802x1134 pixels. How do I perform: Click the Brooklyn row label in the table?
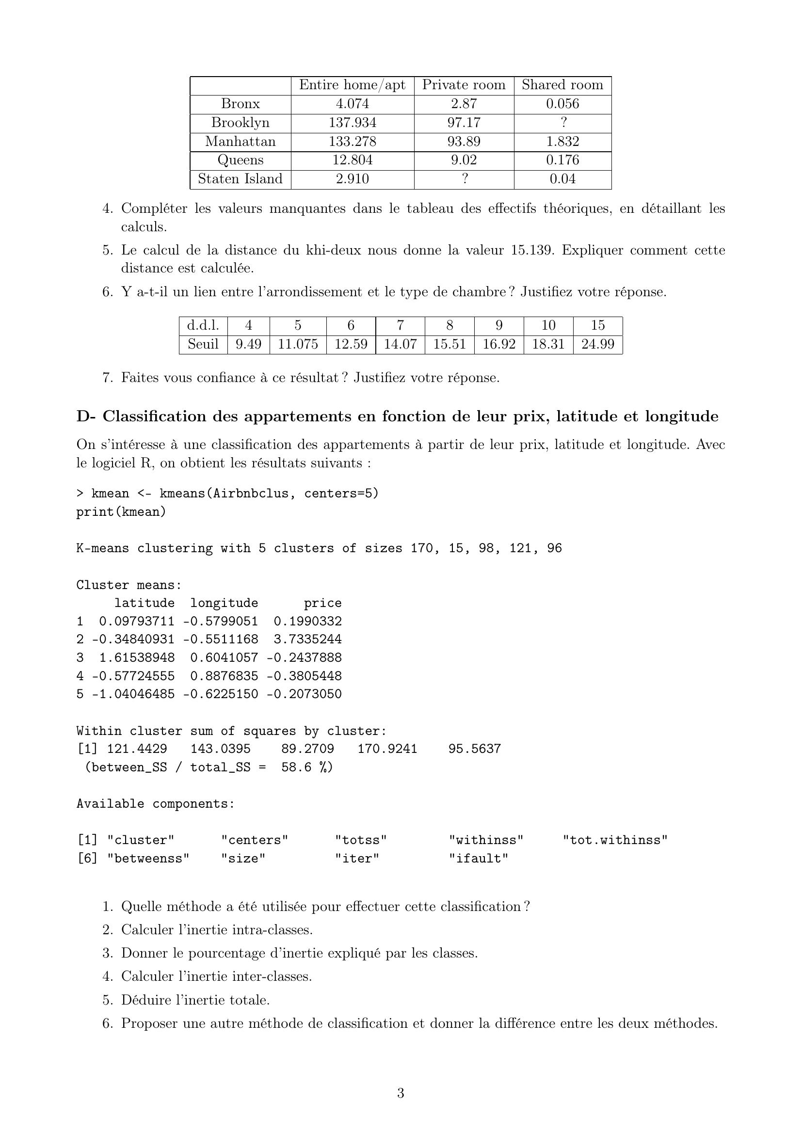point(240,123)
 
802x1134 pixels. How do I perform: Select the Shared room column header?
point(562,85)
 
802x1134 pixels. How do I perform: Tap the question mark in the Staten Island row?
point(464,179)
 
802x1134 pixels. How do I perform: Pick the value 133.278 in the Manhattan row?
point(352,142)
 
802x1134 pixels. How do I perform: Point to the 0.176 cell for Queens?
point(562,160)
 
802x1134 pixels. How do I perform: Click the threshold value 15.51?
point(449,344)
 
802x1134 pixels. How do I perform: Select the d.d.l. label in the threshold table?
point(203,325)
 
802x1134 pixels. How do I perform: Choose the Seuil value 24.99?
point(597,344)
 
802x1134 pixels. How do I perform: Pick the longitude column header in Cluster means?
point(224,603)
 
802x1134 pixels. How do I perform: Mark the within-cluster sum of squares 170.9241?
point(387,749)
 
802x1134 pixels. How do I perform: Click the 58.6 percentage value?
point(296,767)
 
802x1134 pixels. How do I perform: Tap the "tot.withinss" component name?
point(615,840)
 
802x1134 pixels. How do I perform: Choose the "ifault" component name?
point(478,859)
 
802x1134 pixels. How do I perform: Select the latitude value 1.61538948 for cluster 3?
point(137,657)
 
